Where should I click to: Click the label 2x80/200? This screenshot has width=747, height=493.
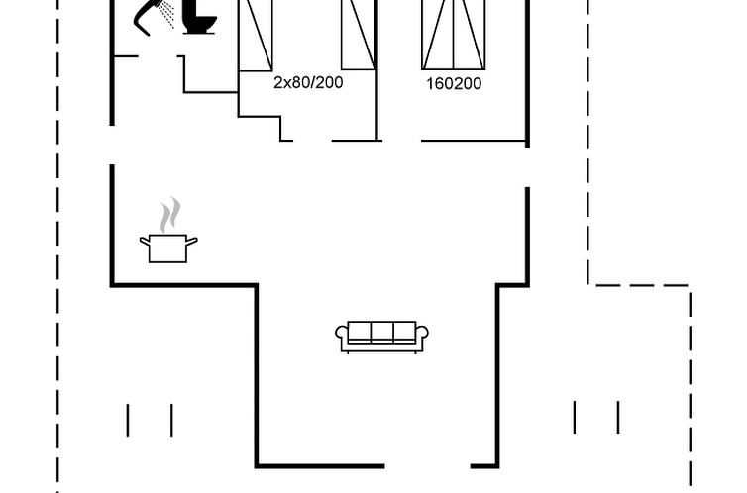point(308,83)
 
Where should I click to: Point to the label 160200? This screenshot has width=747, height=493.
point(454,84)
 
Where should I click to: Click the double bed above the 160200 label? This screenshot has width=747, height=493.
point(455,35)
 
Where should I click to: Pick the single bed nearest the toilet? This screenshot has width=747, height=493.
point(256,34)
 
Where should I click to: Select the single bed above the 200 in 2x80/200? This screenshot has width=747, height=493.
point(358,34)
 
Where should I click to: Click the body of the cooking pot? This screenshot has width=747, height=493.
point(168,248)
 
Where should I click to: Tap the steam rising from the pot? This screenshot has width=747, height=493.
point(170,214)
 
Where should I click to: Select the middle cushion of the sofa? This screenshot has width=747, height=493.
point(382,333)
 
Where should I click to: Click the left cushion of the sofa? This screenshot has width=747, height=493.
point(361,333)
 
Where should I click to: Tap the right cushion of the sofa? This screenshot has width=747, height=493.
point(404,333)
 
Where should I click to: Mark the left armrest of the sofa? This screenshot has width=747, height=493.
point(342,336)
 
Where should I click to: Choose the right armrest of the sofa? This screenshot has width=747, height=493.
point(423,336)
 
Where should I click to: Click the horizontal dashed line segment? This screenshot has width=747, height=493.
point(640,286)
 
